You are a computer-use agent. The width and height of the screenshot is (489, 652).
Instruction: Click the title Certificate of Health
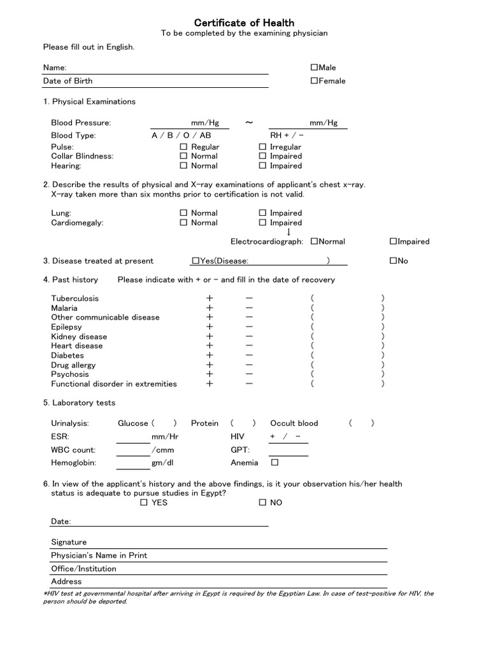[x=244, y=23]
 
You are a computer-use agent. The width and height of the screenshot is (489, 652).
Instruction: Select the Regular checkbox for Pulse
[x=184, y=147]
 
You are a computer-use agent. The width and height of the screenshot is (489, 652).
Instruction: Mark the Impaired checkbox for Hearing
[x=263, y=166]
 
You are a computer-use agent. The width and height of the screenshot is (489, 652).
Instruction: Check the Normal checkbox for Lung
[x=184, y=213]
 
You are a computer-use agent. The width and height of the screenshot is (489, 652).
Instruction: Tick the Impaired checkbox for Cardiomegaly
[x=263, y=223]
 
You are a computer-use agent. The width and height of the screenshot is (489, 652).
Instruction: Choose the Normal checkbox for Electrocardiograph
[x=315, y=241]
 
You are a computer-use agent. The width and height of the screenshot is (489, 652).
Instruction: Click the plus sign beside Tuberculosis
[x=209, y=298]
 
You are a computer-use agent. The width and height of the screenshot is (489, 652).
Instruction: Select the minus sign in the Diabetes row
[x=249, y=355]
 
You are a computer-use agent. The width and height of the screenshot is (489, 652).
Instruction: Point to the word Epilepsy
[x=67, y=327]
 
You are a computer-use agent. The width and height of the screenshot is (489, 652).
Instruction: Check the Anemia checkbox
[x=275, y=463]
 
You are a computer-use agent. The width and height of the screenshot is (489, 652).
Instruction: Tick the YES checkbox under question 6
[x=144, y=502]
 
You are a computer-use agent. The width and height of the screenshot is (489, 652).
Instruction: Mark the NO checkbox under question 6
[x=263, y=502]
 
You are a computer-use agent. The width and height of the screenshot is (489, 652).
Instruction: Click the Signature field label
[x=69, y=542]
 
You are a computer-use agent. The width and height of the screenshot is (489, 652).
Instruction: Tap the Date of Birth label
[x=67, y=81]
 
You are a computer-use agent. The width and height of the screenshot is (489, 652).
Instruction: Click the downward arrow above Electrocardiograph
[x=288, y=232]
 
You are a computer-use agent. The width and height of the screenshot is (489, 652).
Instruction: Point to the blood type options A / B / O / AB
[x=181, y=136]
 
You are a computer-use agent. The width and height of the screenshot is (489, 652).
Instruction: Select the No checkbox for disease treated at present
[x=393, y=260]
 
